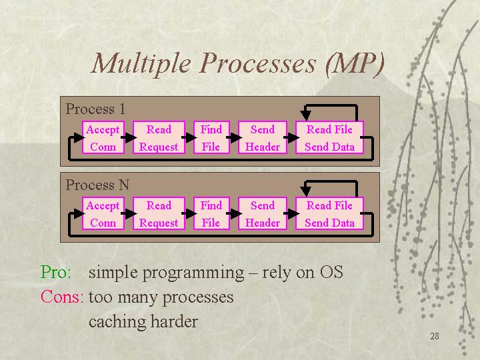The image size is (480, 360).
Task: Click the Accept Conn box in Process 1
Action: (x=103, y=137)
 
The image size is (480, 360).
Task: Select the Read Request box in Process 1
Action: (x=159, y=137)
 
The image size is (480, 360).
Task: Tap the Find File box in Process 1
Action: (x=211, y=137)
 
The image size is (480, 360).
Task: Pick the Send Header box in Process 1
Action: (x=263, y=137)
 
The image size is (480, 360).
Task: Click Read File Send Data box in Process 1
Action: (x=330, y=137)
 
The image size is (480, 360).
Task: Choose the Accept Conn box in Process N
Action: (x=103, y=213)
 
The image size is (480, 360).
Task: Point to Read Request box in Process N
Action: (x=159, y=213)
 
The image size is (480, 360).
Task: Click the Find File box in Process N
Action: (x=211, y=213)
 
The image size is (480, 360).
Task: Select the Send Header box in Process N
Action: (x=263, y=213)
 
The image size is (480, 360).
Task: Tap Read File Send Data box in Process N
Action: (x=330, y=213)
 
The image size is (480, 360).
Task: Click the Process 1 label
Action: (x=95, y=109)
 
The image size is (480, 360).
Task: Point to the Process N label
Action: (x=97, y=185)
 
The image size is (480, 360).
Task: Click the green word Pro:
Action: (x=56, y=272)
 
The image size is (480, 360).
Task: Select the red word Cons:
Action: (x=62, y=297)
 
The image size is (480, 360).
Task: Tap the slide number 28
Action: (x=435, y=336)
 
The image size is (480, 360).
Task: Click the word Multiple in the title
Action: (x=141, y=64)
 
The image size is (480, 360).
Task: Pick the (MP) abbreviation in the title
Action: (x=355, y=64)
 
